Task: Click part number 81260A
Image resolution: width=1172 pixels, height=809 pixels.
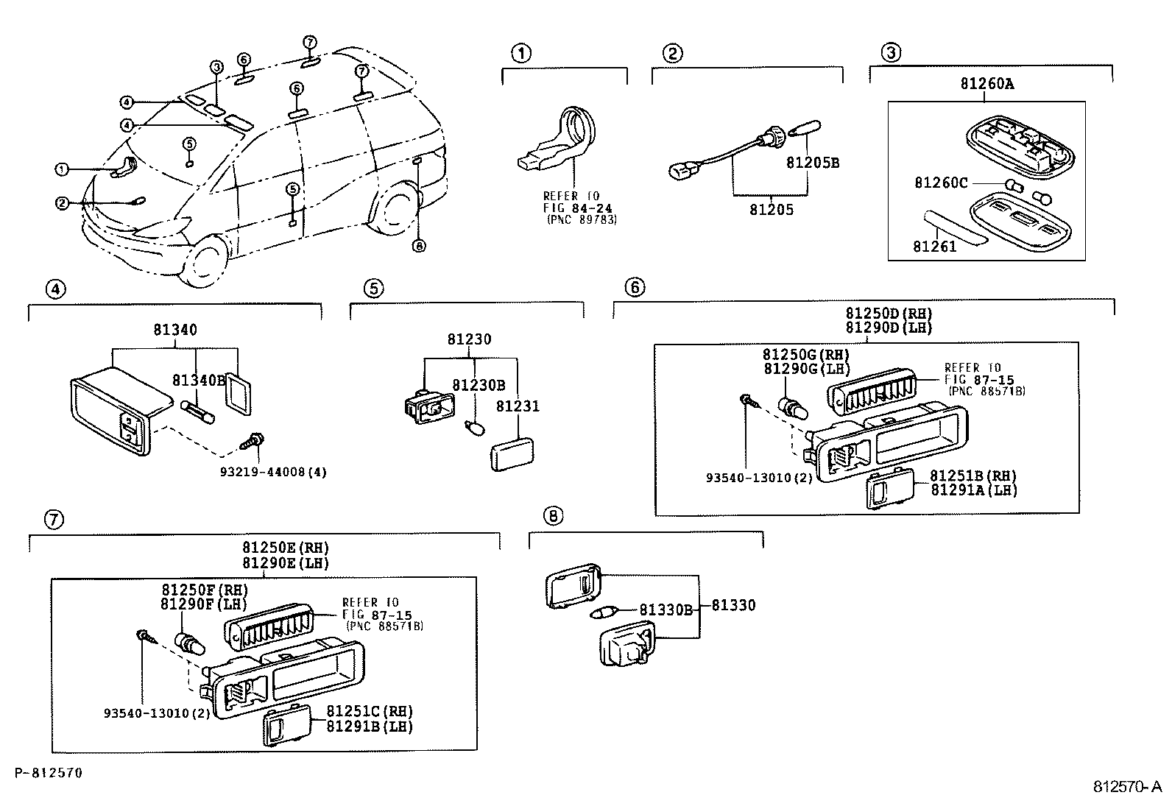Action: (x=986, y=84)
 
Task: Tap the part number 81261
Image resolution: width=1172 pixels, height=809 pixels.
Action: (x=934, y=247)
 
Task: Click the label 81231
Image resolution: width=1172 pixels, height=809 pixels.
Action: (x=518, y=406)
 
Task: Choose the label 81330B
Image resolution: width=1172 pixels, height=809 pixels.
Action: (x=666, y=610)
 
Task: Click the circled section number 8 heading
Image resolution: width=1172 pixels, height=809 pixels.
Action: (x=553, y=516)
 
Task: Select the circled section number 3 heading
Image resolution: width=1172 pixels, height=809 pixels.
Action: (x=890, y=53)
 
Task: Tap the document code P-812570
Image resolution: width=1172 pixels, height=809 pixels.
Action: (x=48, y=773)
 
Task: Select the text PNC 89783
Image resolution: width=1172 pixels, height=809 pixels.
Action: (x=582, y=220)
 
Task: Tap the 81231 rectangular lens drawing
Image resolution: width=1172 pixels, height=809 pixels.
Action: (x=512, y=453)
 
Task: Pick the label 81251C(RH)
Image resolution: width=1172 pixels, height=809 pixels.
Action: (x=369, y=712)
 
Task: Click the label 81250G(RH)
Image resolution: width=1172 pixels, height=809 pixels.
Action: (x=805, y=355)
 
